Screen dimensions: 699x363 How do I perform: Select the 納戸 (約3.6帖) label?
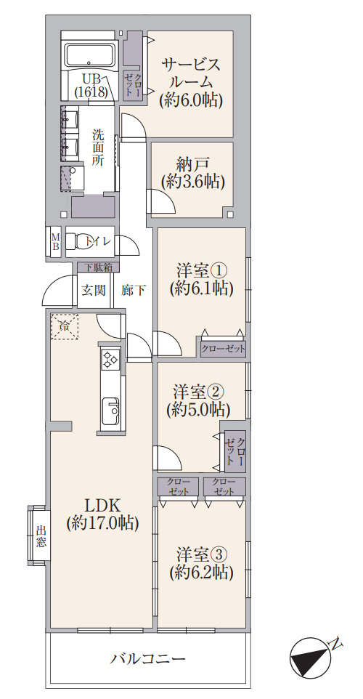coord(192,173)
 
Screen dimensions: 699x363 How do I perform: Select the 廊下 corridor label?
coord(134,291)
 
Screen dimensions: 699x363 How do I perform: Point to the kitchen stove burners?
coord(110,360)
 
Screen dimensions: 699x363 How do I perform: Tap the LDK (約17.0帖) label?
coord(102,513)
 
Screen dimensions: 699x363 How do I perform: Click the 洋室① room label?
coord(201,280)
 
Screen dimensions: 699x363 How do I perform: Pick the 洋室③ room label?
coord(201,562)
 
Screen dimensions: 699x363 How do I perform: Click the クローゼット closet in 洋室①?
coord(224,349)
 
